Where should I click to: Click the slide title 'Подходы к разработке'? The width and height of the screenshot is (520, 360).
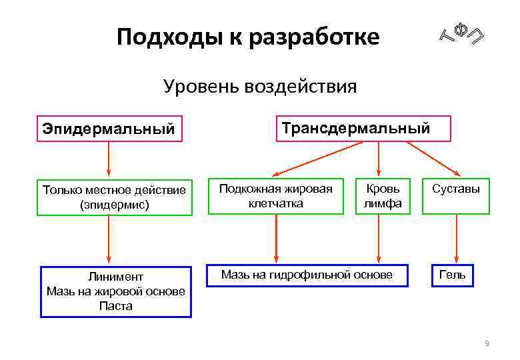(248, 37)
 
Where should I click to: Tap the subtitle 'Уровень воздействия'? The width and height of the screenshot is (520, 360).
(260, 87)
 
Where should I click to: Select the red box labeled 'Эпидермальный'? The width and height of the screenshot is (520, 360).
(109, 128)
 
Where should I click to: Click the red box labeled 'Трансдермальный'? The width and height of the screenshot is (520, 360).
(355, 129)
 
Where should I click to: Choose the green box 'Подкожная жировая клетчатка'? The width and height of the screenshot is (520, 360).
(275, 195)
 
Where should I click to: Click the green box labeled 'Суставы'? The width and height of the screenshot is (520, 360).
(456, 195)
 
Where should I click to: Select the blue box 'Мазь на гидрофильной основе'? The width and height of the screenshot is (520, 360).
(307, 275)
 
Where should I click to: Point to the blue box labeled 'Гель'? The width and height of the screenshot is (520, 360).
(452, 275)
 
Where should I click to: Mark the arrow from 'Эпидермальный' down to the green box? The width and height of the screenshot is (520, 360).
(109, 160)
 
